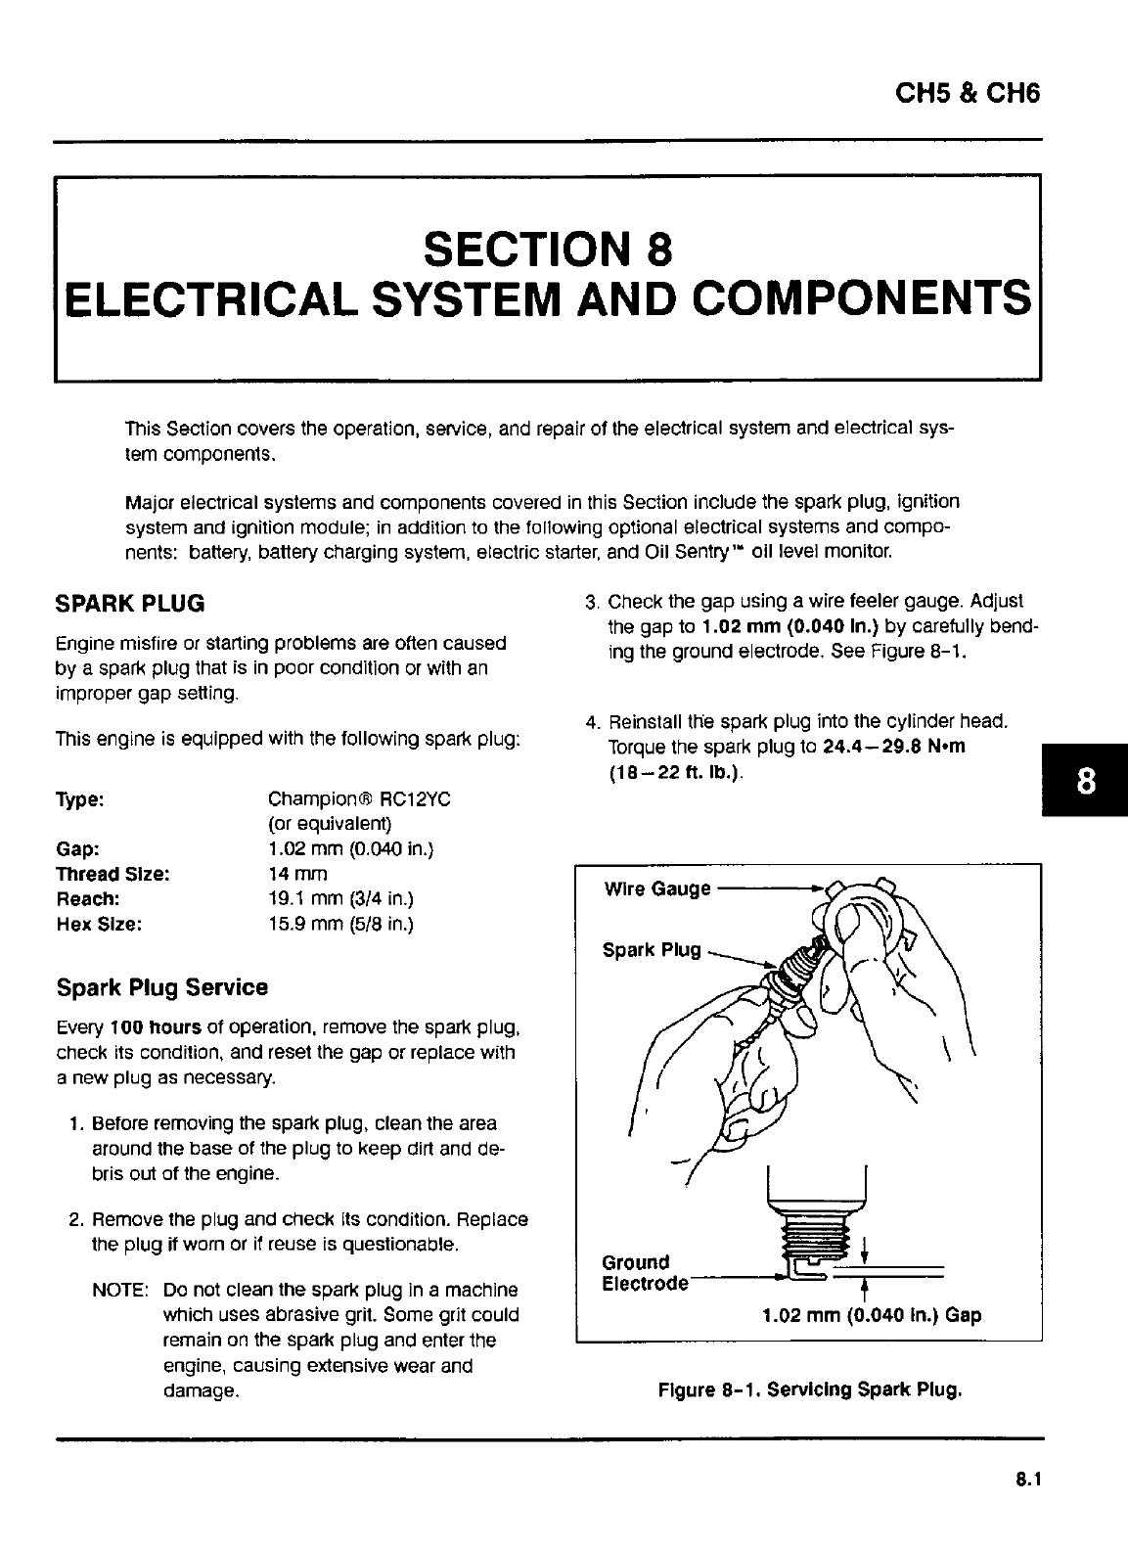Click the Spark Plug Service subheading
point(162,987)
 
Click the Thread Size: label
point(113,874)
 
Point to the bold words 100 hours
point(156,1028)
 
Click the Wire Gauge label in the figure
point(657,888)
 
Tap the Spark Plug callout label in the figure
point(652,950)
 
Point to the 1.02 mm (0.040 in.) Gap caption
point(871,1315)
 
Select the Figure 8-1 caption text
point(811,1389)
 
